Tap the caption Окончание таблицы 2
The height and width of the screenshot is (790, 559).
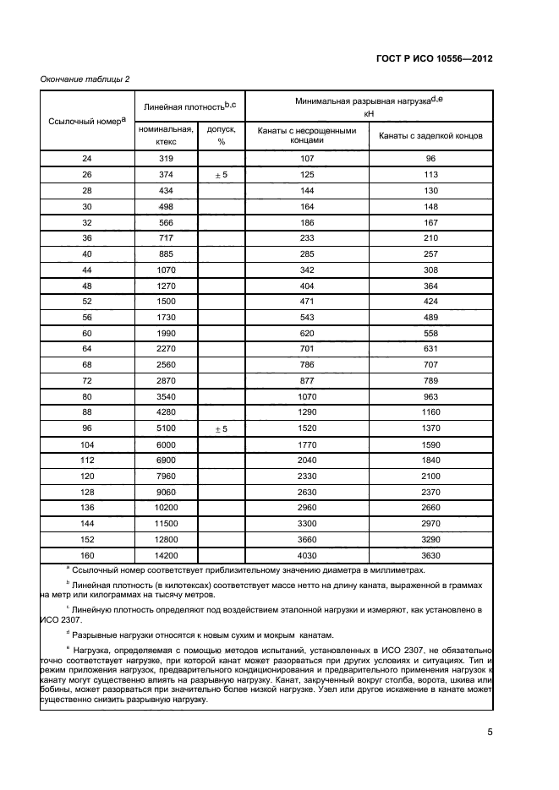(85, 79)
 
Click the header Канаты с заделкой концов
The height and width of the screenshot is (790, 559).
(430, 135)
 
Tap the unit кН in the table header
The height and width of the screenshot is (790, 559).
(369, 112)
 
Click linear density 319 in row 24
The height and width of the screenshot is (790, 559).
(166, 158)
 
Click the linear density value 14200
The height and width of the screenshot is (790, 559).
(166, 555)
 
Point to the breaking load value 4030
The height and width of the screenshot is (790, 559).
(307, 555)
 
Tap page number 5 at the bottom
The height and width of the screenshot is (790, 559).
(490, 733)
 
